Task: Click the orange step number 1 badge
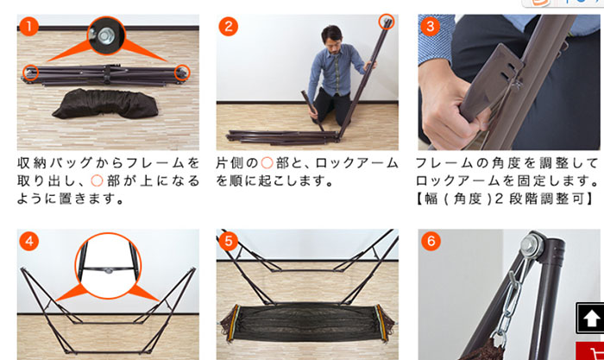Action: tap(28, 26)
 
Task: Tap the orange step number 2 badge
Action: tap(228, 26)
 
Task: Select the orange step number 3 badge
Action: tap(430, 26)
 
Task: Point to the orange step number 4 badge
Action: tap(28, 241)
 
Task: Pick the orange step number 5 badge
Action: tap(228, 241)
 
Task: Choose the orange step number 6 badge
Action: tap(431, 241)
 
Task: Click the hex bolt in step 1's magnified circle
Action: tap(104, 36)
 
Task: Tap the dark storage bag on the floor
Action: tap(105, 104)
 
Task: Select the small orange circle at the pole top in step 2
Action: tap(387, 22)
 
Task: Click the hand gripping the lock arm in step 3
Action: tap(450, 106)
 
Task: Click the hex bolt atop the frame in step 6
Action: tap(531, 244)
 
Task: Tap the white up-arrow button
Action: tap(589, 318)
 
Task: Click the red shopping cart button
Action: tap(590, 351)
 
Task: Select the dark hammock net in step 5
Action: tap(306, 322)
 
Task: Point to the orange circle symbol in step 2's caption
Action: tap(267, 163)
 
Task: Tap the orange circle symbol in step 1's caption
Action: tap(97, 180)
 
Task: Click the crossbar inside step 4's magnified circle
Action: tap(109, 270)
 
